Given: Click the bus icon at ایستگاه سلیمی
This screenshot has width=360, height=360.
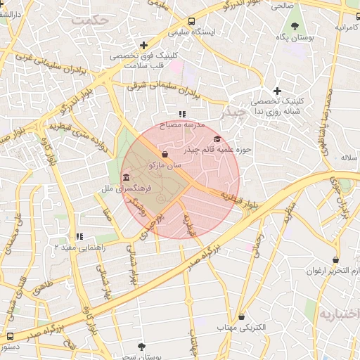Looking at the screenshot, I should coord(192,21).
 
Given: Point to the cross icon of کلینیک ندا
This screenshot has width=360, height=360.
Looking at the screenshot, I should coord(278,91).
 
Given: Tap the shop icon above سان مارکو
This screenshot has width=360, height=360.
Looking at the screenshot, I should coord(165,154).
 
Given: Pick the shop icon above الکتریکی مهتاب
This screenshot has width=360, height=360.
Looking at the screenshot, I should coord(242,317).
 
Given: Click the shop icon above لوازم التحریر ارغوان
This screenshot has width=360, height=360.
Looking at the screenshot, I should coord(335,259).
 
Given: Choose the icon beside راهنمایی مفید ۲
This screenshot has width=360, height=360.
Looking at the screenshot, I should coord(79,236).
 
